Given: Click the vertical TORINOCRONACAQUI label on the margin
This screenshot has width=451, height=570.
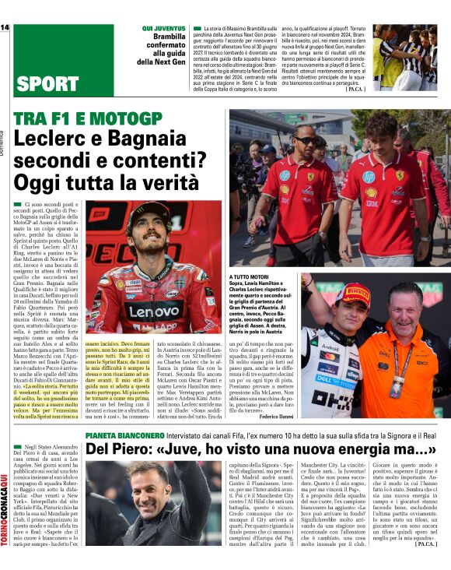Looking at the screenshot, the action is [x=5, y=510].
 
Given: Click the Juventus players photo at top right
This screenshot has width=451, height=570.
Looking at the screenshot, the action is [x=409, y=56].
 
